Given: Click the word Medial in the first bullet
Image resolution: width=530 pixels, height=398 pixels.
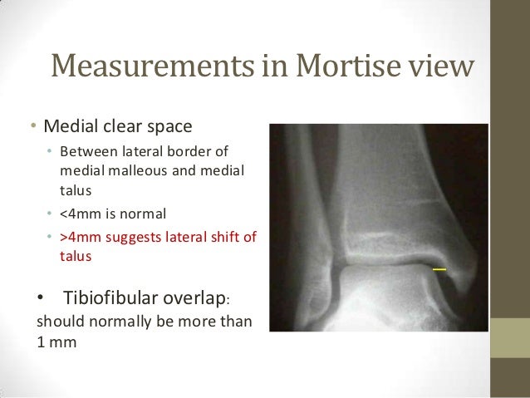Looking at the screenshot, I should pos(69,128).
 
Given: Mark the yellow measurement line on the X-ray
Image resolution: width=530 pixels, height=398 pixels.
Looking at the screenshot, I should pos(439,270).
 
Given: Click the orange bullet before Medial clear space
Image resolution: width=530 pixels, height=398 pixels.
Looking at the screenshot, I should pos(33,129).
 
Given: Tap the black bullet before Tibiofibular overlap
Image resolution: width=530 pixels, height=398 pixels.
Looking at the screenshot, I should pos(42,298).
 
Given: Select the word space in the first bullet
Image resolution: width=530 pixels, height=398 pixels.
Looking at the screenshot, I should pos(169,128).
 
